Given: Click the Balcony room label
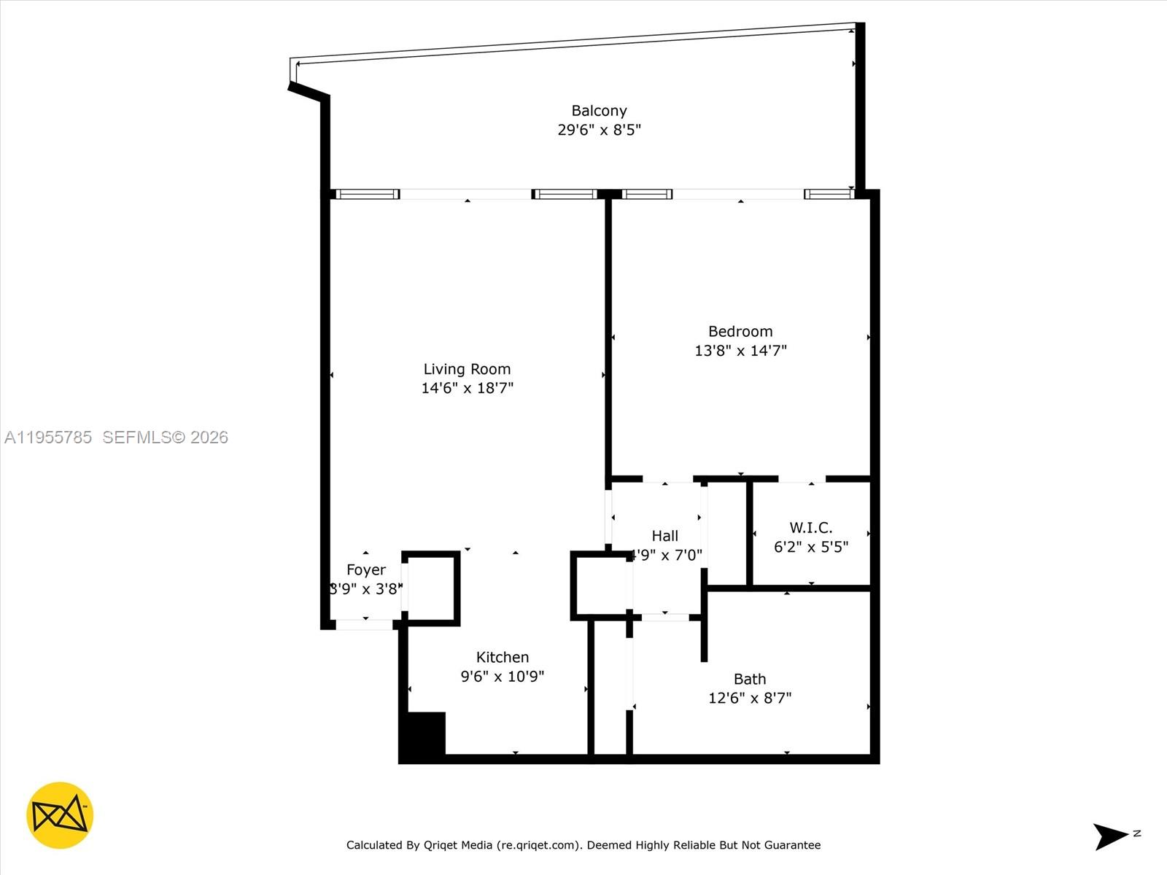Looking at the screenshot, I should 599,111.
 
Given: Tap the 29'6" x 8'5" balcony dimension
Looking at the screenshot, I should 599,130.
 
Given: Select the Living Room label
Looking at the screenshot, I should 467,369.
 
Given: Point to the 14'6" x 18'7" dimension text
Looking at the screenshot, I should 467,388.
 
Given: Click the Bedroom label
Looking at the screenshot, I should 740,331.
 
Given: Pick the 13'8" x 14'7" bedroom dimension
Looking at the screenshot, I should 740,350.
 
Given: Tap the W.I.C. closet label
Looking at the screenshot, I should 810,527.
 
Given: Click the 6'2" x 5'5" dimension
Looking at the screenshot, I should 810,546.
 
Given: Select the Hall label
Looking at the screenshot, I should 664,536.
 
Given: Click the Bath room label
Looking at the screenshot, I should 750,679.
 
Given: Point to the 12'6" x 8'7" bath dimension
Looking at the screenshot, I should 750,698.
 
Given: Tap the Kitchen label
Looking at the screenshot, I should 503,657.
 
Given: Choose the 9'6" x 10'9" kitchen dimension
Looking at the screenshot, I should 503,676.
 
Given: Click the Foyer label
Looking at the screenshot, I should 366,569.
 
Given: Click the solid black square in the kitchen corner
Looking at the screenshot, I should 424,734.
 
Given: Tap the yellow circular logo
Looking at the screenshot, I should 60,815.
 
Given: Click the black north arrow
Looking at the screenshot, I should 1110,836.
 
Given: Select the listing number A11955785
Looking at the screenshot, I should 48,437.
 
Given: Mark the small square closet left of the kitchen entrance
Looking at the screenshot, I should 431,588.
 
